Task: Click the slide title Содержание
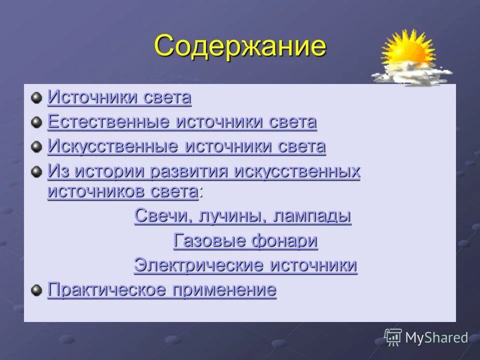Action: (x=240, y=46)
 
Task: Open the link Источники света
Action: (x=119, y=97)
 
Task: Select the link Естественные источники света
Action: (x=182, y=122)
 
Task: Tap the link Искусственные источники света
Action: (x=186, y=146)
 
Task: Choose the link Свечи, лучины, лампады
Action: (x=242, y=216)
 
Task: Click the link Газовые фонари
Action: (x=245, y=241)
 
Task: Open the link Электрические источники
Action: (x=245, y=265)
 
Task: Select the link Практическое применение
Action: (x=161, y=290)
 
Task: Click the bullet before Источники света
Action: (x=36, y=97)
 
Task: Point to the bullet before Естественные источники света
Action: (x=36, y=121)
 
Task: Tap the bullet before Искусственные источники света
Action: (x=36, y=146)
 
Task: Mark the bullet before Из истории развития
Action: (x=36, y=171)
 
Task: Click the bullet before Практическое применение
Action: (x=36, y=289)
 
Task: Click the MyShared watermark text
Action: (x=436, y=338)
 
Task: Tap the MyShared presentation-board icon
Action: (x=393, y=337)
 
